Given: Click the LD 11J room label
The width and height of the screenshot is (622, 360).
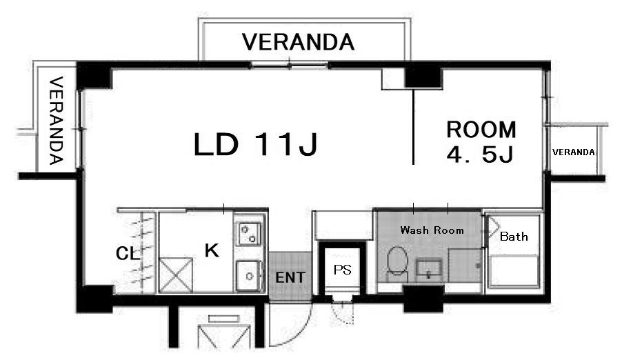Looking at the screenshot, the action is (x=255, y=143).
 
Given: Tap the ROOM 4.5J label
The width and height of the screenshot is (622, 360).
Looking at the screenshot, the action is (x=481, y=142).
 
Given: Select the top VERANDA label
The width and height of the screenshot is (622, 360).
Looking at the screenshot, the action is (x=298, y=42).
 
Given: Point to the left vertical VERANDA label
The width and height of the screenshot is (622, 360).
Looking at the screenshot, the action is (x=56, y=121).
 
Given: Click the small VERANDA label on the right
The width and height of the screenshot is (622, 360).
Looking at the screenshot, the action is (x=573, y=152).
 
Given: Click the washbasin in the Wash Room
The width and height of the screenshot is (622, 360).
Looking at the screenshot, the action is (x=429, y=269).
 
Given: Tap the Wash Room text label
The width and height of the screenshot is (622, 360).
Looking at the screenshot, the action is (x=432, y=230).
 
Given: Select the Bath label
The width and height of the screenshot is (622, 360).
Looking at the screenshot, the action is (x=514, y=237).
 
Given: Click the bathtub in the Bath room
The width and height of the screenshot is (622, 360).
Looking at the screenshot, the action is (x=514, y=271).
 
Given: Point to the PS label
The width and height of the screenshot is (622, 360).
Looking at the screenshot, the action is (x=342, y=270).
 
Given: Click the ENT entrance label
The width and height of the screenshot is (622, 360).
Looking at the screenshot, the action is (x=290, y=277).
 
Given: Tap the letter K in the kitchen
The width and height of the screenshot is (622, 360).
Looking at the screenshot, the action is (x=212, y=250).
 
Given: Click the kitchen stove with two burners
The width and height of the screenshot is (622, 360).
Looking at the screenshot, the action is (x=249, y=234).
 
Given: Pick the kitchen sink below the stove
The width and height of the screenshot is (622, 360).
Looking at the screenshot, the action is (x=248, y=275).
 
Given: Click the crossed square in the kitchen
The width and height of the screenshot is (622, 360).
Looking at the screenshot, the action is (x=176, y=275).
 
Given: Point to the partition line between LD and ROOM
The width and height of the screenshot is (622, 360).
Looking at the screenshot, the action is (x=413, y=127).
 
